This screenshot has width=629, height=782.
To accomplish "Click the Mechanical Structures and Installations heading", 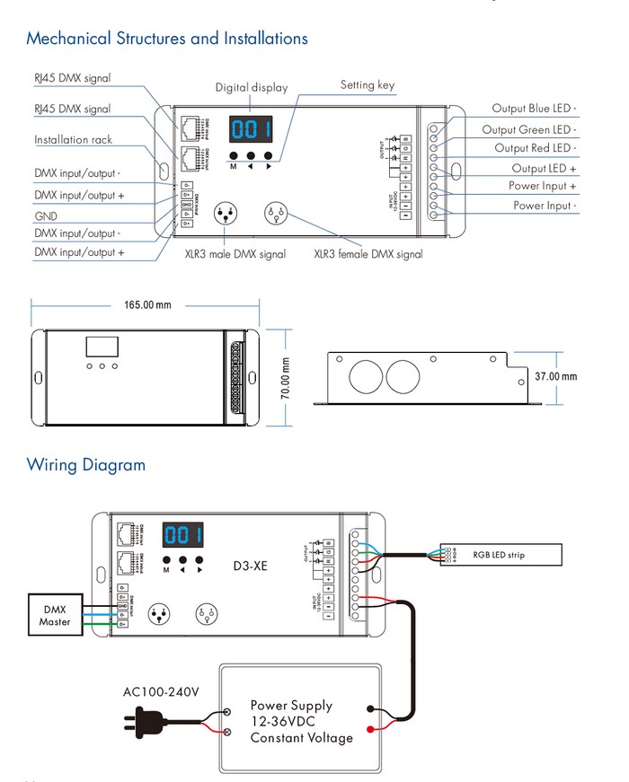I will pos(167,39).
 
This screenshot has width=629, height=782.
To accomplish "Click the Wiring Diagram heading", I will pos(85,465).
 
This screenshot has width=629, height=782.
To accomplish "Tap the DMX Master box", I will pos(55,615).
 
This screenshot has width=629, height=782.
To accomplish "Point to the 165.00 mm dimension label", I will pos(147,305).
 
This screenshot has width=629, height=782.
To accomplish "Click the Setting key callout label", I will pos(367,85).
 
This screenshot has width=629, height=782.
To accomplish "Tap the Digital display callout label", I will pos(252,88).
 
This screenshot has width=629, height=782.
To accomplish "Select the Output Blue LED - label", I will pos(534,109).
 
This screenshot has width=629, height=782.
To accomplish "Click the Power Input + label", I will pos(543,186).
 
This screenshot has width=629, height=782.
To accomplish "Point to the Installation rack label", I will pos(74,140).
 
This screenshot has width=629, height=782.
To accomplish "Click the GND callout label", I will pos(46,215).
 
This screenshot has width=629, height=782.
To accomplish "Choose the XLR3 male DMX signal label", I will pos(235,254).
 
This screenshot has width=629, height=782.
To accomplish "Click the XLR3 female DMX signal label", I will pos(368,254).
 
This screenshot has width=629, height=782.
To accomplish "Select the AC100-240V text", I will pos(161,692).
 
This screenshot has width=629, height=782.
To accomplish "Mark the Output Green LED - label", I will pos(529,130).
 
